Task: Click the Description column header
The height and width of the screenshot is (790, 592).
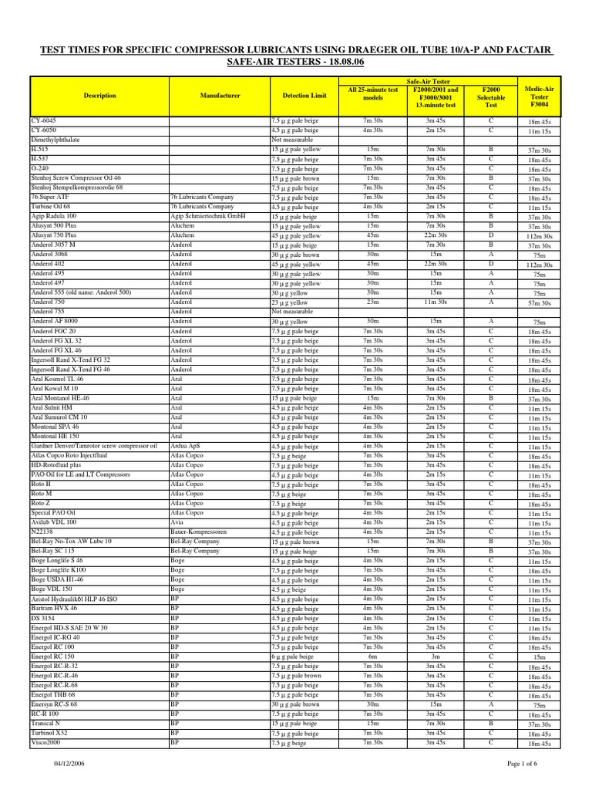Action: tap(99, 96)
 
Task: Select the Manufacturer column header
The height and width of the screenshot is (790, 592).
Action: tap(218, 96)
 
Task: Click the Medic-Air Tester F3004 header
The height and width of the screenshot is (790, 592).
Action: tap(539, 96)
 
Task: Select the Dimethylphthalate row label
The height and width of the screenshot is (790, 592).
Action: tap(55, 140)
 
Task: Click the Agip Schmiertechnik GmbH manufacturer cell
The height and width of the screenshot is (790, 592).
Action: tap(207, 217)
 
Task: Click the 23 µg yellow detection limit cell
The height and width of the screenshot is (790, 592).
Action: tap(290, 302)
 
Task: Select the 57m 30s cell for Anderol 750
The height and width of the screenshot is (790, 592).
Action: tap(539, 303)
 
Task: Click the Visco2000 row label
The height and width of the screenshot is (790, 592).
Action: tap(46, 743)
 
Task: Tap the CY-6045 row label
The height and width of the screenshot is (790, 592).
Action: tap(43, 121)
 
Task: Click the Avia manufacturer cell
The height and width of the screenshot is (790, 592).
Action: tap(177, 522)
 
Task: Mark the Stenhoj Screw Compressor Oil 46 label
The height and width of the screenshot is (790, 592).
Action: tap(76, 178)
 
